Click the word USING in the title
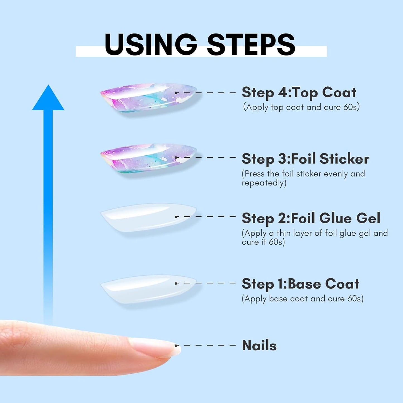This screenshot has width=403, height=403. [x=151, y=44]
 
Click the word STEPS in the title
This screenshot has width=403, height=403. [x=251, y=44]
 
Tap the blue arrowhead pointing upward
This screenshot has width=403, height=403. [x=48, y=98]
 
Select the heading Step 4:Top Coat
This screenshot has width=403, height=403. [x=299, y=92]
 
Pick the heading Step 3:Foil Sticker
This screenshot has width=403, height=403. [x=305, y=159]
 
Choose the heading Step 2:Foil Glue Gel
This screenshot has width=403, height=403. [x=311, y=218]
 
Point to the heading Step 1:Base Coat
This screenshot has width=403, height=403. [x=300, y=284]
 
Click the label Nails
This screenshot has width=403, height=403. [x=259, y=345]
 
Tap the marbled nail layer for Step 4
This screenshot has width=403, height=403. [x=148, y=97]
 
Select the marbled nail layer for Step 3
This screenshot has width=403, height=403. [x=148, y=158]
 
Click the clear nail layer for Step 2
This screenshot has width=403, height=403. [x=148, y=218]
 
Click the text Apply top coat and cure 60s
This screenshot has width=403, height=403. [x=301, y=107]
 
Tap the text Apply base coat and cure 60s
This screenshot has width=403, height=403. [x=303, y=299]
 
